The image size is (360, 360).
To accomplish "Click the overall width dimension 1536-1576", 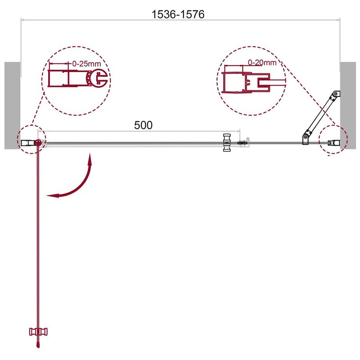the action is point(178,14).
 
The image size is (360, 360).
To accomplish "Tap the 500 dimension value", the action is point(143,125).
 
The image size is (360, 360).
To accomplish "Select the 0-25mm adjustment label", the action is point(86,64).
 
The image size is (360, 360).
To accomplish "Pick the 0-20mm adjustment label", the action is point(262,62).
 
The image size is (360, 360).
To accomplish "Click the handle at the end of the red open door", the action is point(38,332).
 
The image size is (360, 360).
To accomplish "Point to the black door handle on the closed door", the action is point(227,142).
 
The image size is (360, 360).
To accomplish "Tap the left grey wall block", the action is point(13,105).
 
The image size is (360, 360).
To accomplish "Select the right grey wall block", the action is point(348,105).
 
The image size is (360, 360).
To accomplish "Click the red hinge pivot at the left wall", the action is point(38,143).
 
